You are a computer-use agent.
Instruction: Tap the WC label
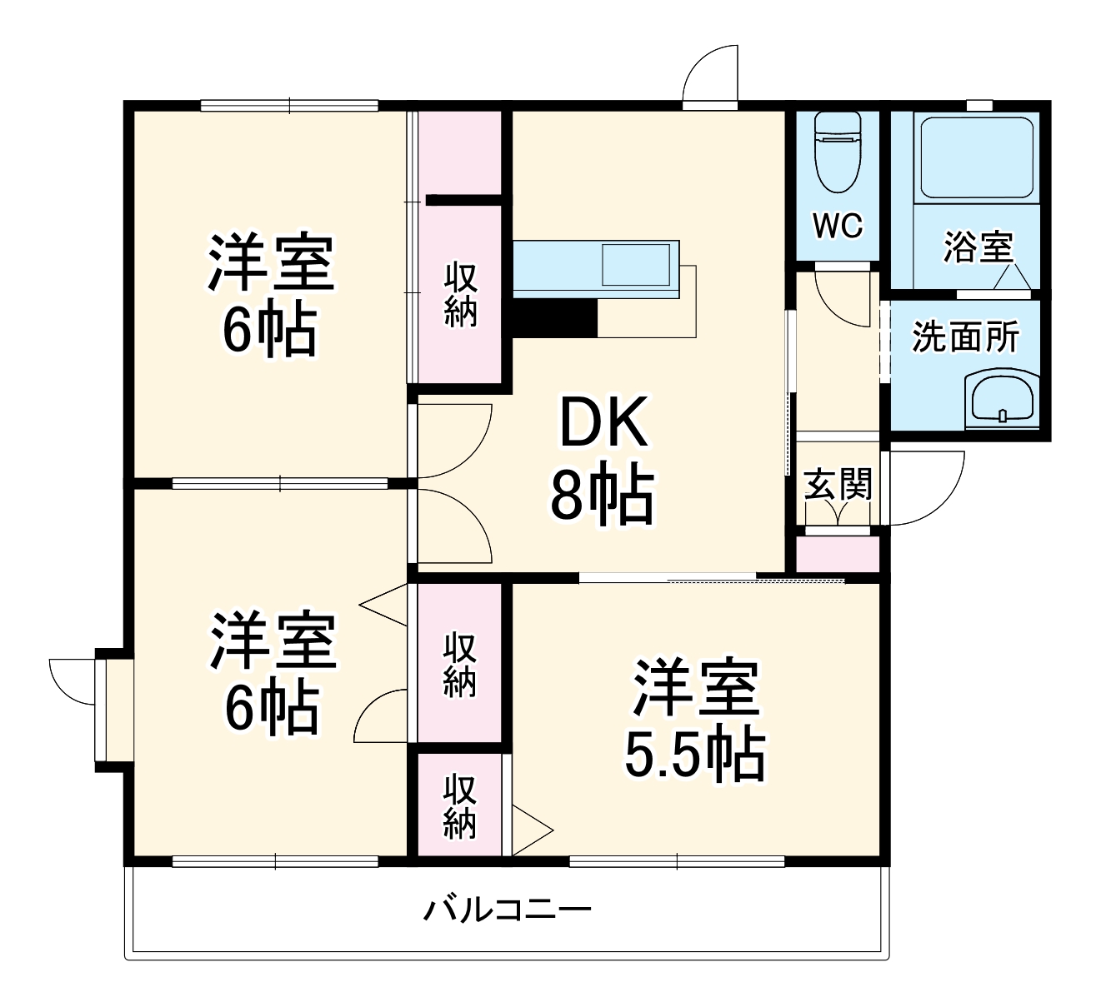click(838, 226)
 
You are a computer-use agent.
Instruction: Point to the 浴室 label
click(978, 247)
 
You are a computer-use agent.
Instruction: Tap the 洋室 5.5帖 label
click(695, 721)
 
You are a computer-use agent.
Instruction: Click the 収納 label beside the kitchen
click(459, 294)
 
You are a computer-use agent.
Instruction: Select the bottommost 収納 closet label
click(459, 806)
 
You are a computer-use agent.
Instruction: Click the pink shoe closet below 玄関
click(838, 554)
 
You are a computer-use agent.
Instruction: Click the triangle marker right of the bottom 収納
click(530, 830)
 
